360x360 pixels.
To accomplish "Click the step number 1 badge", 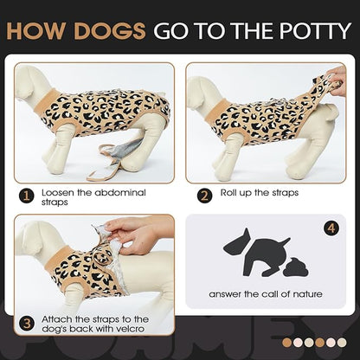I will point(26,196).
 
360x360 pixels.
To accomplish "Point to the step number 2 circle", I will point(204,196).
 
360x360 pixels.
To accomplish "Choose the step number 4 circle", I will point(331,228).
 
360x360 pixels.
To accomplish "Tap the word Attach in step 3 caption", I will point(57,318).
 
